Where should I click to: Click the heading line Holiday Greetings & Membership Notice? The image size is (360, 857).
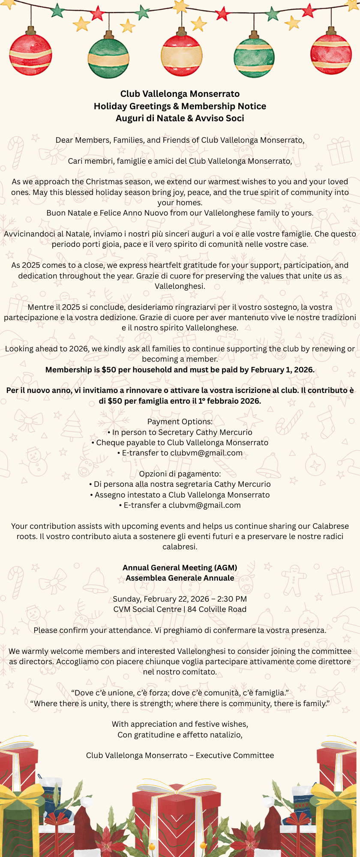180,106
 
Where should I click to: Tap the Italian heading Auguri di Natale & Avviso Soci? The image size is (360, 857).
180,118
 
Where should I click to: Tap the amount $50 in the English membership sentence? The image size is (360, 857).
109,370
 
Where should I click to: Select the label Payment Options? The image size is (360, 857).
180,422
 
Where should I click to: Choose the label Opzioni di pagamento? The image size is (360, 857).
180,474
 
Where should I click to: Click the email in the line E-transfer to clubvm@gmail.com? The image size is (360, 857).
207,453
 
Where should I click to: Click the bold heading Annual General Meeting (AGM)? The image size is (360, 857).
180,568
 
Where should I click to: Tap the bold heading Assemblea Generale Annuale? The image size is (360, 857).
180,578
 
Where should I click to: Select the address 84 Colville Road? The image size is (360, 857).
217,609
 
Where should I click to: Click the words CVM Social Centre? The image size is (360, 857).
147,609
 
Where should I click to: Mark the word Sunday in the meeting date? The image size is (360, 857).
126,599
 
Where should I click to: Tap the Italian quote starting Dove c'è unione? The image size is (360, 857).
180,693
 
